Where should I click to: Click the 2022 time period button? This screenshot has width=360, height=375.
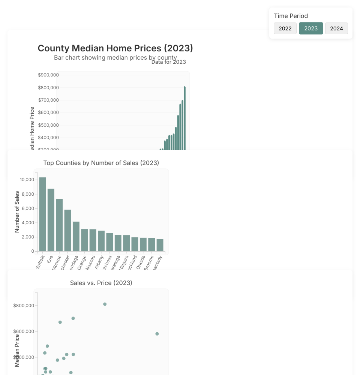[285, 28]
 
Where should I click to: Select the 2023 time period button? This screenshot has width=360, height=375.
[311, 28]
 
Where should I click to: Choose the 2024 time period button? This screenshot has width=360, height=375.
[336, 28]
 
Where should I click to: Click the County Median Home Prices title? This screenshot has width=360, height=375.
[115, 48]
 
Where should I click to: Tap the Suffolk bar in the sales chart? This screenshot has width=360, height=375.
[42, 214]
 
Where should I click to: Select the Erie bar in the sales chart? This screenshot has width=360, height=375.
[51, 220]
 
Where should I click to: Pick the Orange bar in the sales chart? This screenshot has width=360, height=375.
[84, 240]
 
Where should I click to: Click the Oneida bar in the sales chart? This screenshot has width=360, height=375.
[143, 244]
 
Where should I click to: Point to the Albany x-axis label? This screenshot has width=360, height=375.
[99, 261]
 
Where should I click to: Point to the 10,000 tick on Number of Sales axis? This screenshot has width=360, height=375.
[27, 180]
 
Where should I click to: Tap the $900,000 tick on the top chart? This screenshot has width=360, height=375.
[48, 75]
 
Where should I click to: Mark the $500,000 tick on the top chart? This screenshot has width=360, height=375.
[48, 125]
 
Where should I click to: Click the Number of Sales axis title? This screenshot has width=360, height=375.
[17, 212]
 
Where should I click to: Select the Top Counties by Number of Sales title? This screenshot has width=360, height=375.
[101, 163]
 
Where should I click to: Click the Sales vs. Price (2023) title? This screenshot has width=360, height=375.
[101, 283]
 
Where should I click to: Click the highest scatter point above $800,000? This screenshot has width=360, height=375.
[105, 304]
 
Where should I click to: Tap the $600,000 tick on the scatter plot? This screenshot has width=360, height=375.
[24, 331]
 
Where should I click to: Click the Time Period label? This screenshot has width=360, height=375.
[291, 16]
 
